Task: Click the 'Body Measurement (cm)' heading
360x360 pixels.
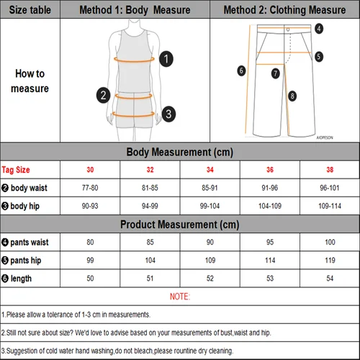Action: point(179,152)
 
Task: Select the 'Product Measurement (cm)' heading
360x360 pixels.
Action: point(179,223)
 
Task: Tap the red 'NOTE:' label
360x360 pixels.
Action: point(179,296)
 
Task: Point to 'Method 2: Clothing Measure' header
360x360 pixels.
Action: point(285,10)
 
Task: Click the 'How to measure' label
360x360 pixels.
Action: point(31,81)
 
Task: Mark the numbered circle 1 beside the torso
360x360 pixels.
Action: point(166,60)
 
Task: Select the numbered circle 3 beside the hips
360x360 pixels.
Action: point(168,113)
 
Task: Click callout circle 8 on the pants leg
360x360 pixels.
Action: point(292,96)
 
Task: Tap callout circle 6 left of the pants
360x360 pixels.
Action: point(242,70)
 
